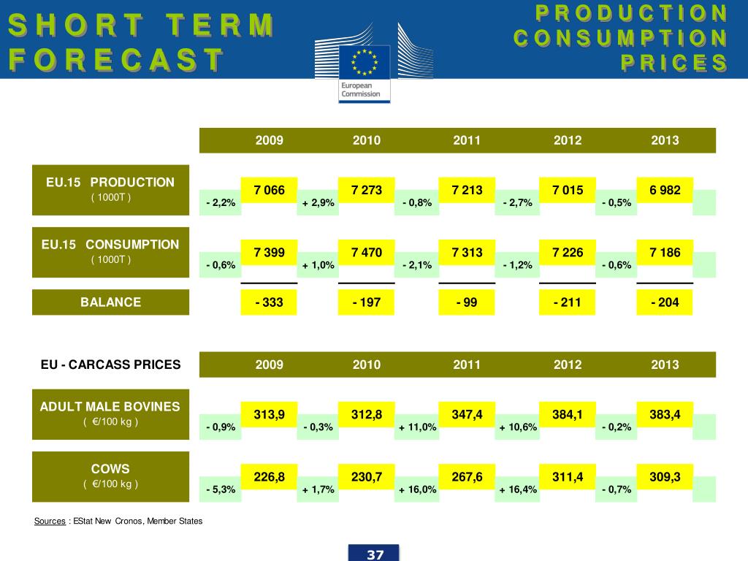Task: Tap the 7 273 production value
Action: click(x=367, y=191)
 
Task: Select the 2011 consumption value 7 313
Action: click(x=467, y=253)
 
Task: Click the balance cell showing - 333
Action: click(x=269, y=302)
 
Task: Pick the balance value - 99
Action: click(x=467, y=302)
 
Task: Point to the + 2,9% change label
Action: click(x=318, y=203)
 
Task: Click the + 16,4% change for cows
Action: click(x=519, y=489)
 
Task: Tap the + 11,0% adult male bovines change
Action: click(x=418, y=427)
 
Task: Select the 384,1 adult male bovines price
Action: click(x=568, y=415)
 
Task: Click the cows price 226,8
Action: click(x=269, y=477)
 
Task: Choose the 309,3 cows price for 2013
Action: click(x=665, y=477)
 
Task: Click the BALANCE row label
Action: click(x=110, y=302)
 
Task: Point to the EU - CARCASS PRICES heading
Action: click(x=110, y=365)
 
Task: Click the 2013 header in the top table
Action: click(x=665, y=140)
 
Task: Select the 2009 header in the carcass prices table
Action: click(x=269, y=365)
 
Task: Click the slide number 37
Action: click(x=375, y=554)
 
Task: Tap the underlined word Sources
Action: click(x=50, y=521)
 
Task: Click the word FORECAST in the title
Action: click(x=115, y=59)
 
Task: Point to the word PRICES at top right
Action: click(x=673, y=63)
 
